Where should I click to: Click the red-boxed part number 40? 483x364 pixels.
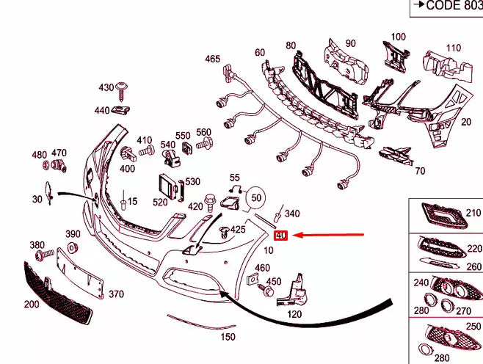pyautogui.click(x=280, y=236)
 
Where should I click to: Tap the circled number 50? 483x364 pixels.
pyautogui.click(x=255, y=197)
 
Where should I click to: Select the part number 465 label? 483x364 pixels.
pyautogui.click(x=212, y=59)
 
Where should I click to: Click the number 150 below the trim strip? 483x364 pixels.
pyautogui.click(x=228, y=337)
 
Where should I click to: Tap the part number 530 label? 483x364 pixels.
pyautogui.click(x=192, y=182)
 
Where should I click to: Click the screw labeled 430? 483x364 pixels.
pyautogui.click(x=121, y=91)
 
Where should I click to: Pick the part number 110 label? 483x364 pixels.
pyautogui.click(x=453, y=48)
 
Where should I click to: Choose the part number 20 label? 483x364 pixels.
pyautogui.click(x=465, y=121)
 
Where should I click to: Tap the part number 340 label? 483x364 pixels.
pyautogui.click(x=292, y=214)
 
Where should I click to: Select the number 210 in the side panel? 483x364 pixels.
pyautogui.click(x=473, y=214)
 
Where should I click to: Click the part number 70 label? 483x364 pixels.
pyautogui.click(x=420, y=172)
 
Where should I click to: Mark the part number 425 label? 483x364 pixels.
pyautogui.click(x=238, y=230)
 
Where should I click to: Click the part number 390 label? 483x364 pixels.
pyautogui.click(x=73, y=234)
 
